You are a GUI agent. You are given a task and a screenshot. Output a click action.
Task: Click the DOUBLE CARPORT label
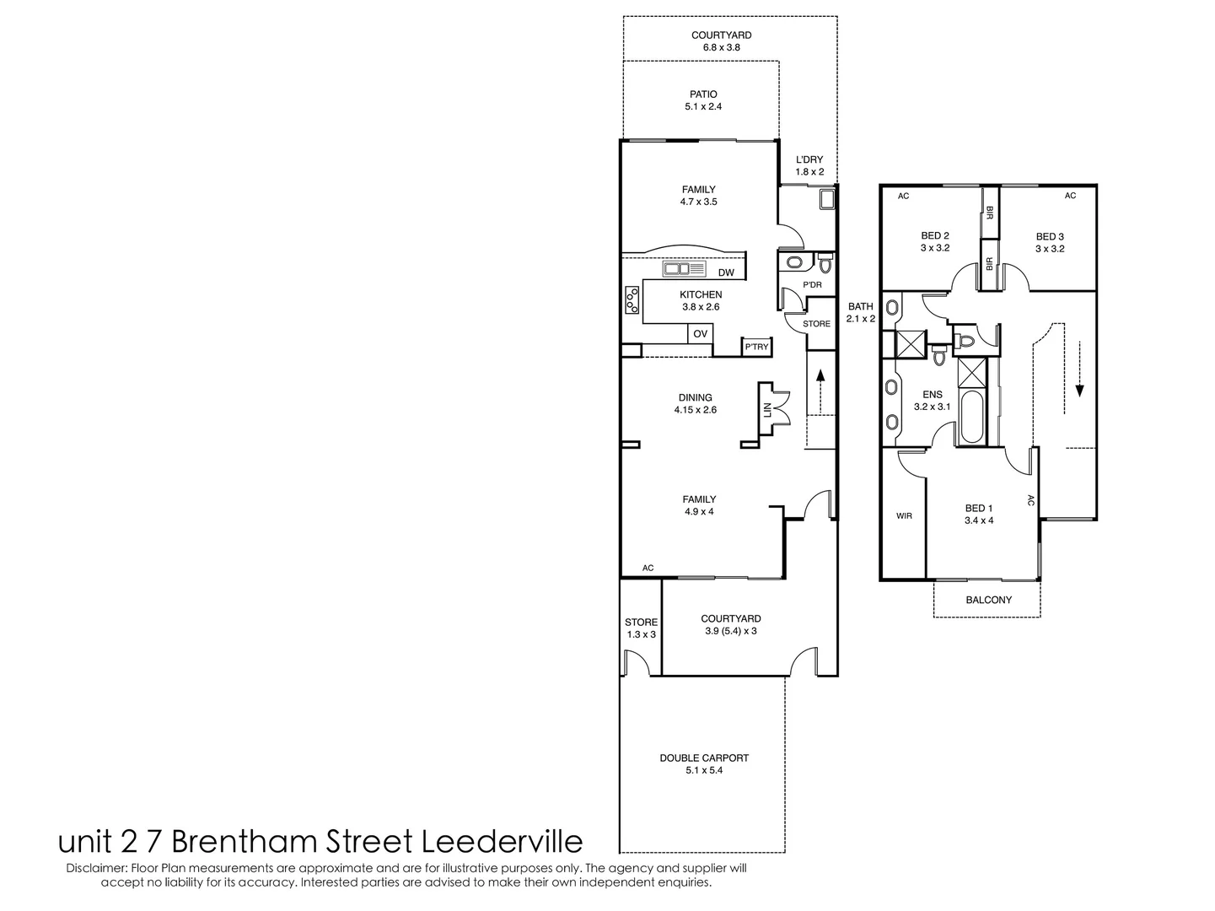(x=703, y=757)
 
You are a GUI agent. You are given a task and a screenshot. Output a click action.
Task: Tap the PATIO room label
(x=702, y=94)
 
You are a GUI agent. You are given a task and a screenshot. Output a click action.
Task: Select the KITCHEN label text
(x=701, y=294)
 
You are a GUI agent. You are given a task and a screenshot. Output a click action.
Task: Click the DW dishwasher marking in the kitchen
(x=726, y=272)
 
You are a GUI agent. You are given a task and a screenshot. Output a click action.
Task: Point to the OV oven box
(x=700, y=334)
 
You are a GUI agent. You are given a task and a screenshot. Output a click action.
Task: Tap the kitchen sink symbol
(x=685, y=269)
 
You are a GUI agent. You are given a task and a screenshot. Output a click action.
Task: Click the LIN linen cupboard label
(x=767, y=409)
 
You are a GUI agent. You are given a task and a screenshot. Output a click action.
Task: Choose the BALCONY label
(x=988, y=600)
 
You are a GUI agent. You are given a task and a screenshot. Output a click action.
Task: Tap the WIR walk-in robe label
(x=904, y=515)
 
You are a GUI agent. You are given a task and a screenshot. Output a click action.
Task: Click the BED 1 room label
(x=979, y=508)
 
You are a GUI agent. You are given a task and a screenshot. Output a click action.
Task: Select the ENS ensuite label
(x=932, y=394)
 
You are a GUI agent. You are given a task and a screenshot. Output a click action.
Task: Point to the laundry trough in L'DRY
(x=826, y=199)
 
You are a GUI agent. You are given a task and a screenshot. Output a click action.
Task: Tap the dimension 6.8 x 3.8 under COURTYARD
(x=721, y=48)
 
